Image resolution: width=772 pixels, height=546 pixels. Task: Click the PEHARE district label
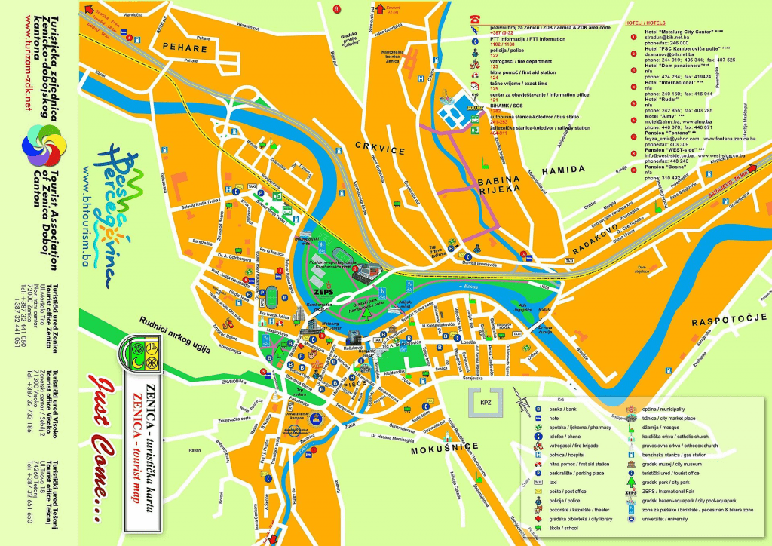click(183, 48)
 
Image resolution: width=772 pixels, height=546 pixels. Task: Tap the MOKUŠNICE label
click(445, 450)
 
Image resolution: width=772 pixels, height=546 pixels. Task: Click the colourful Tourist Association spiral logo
click(42, 143)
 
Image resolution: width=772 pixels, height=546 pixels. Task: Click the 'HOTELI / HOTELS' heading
click(645, 23)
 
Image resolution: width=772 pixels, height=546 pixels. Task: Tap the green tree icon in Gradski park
click(278, 351)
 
